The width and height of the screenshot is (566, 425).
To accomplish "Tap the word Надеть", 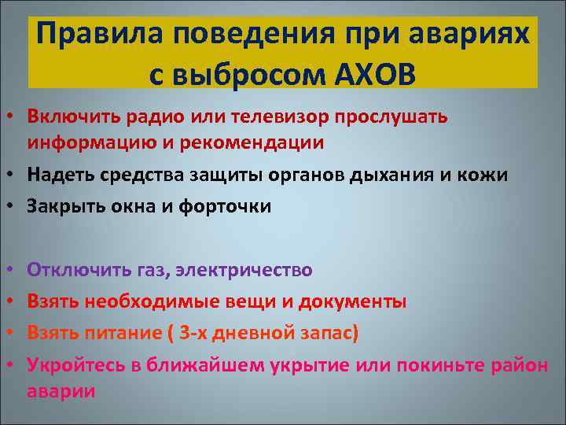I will pos(56,176).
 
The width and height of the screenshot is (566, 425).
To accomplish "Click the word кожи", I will pos(486,176).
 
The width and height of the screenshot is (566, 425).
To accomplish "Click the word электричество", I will pos(244,270).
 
